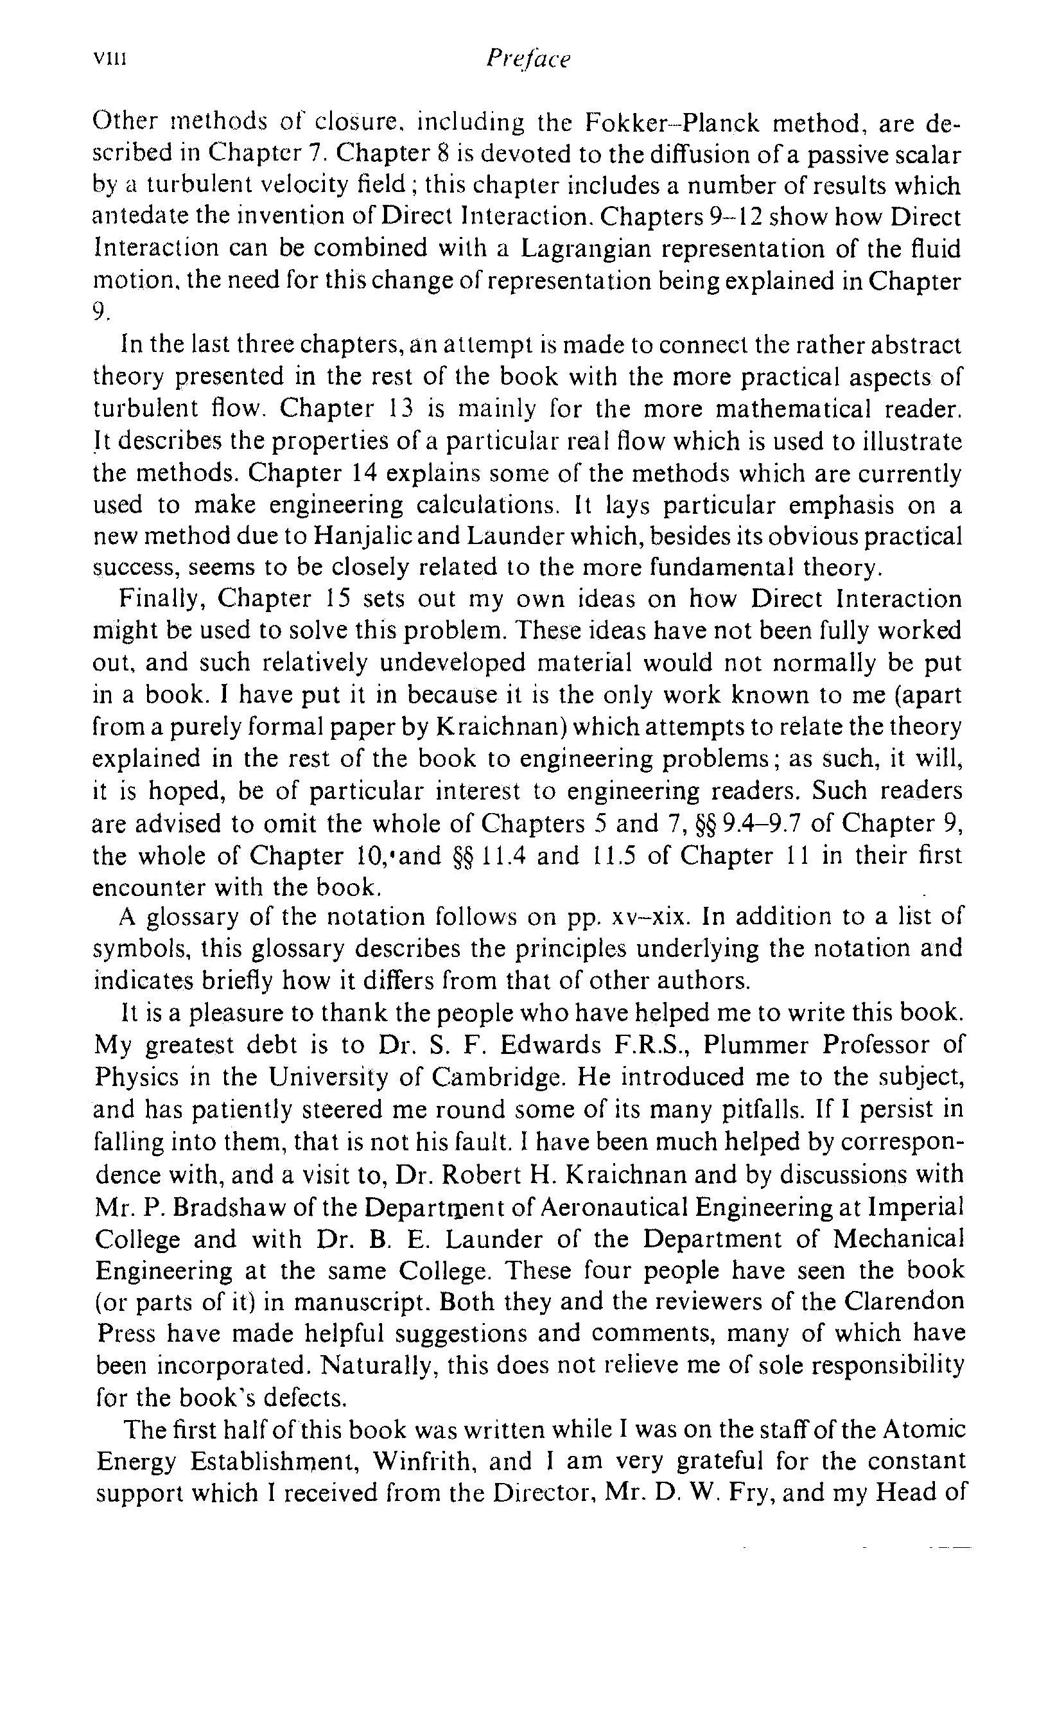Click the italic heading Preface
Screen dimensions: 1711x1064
click(527, 58)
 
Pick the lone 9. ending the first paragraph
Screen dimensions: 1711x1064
click(101, 310)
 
